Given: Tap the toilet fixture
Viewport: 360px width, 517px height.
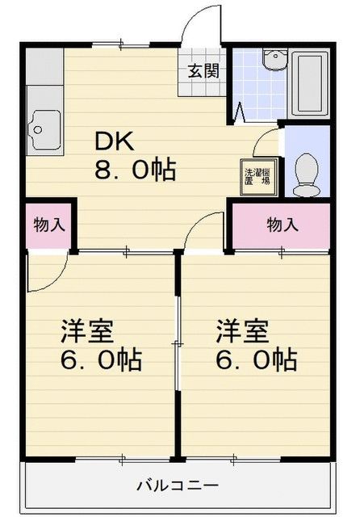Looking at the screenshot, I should pyautogui.click(x=308, y=173).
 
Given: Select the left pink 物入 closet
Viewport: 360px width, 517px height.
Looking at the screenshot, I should pyautogui.click(x=49, y=225).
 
